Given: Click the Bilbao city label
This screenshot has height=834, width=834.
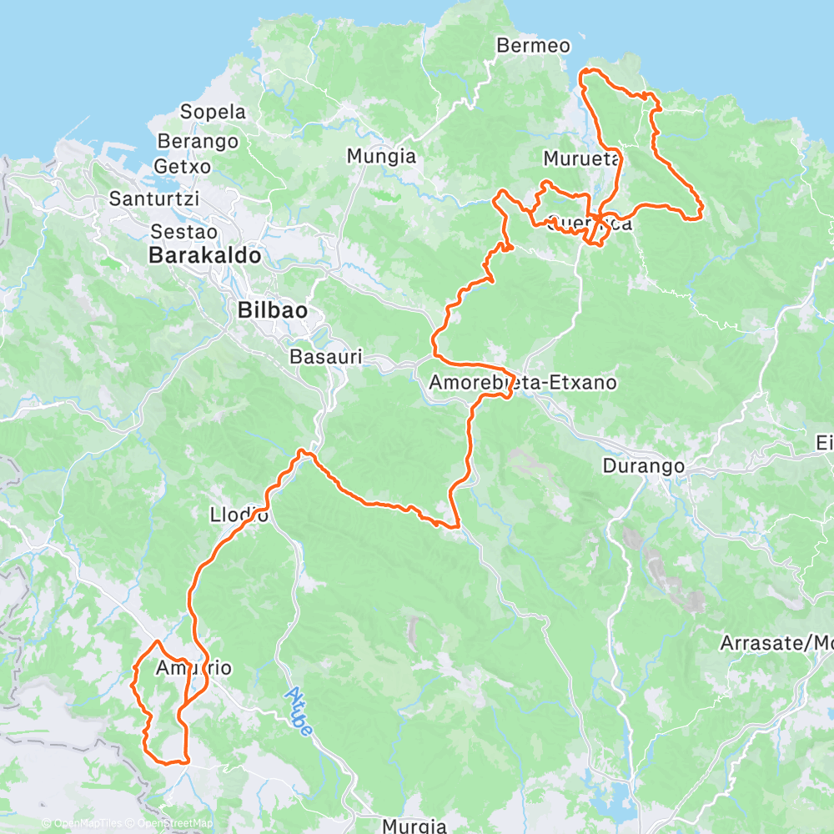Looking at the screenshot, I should click(273, 310).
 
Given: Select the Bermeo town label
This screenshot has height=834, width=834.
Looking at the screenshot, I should click(533, 45).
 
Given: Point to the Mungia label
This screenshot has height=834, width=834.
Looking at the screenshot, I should click(381, 156).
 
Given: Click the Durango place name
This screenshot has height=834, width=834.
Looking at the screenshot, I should click(644, 466).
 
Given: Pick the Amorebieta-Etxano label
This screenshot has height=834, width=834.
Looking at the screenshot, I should click(522, 383).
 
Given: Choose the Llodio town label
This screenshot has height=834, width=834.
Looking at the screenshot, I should click(240, 515).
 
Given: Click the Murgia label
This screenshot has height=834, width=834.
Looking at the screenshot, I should click(414, 826).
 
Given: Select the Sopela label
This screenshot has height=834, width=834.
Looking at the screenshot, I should click(214, 112).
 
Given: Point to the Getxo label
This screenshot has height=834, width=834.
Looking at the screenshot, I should click(183, 166).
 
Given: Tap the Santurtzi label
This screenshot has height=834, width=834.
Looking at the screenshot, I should click(151, 198).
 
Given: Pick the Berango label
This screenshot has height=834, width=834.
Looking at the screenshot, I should click(198, 141).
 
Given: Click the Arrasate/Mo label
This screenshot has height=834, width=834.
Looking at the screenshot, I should click(776, 643).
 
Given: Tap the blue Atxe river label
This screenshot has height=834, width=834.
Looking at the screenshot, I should click(299, 710).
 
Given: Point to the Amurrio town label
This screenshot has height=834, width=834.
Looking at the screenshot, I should click(193, 668).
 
